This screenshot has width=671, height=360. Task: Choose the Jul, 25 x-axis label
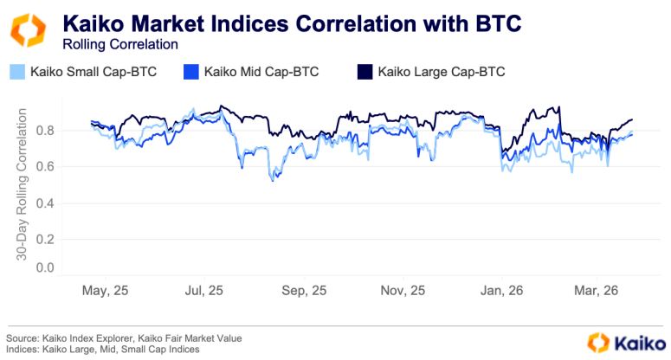pyautogui.click(x=204, y=292)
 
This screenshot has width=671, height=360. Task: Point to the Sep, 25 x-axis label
pyautogui.click(x=305, y=292)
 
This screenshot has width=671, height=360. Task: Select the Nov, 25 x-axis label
pyautogui.click(x=404, y=292)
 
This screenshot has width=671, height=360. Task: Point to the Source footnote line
pyautogui.click(x=124, y=337)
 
